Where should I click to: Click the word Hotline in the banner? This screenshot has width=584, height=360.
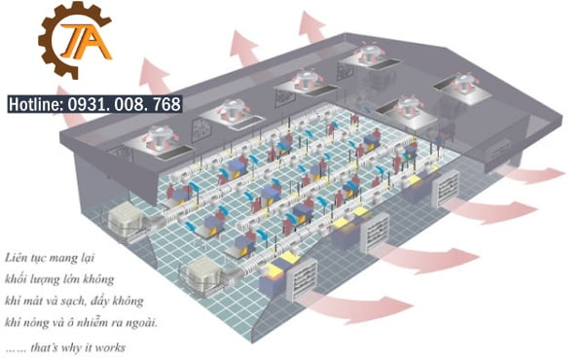(36, 104)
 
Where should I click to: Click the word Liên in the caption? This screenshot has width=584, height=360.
(16, 257)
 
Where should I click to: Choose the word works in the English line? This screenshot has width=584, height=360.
(110, 347)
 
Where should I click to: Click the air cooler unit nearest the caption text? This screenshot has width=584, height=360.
(202, 276)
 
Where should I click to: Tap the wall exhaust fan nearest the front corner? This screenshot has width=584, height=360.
(303, 278)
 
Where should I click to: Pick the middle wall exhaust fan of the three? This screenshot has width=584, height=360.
(377, 233)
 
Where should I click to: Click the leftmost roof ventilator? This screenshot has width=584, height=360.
(161, 139)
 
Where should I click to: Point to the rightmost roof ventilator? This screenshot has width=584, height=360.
(463, 84)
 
